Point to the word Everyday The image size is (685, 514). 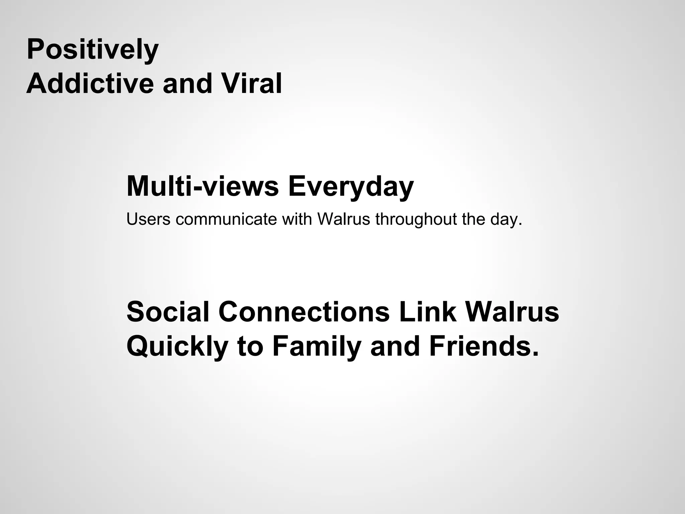point(351,187)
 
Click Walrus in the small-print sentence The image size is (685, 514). point(344,219)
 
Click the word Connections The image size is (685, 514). point(304,312)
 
